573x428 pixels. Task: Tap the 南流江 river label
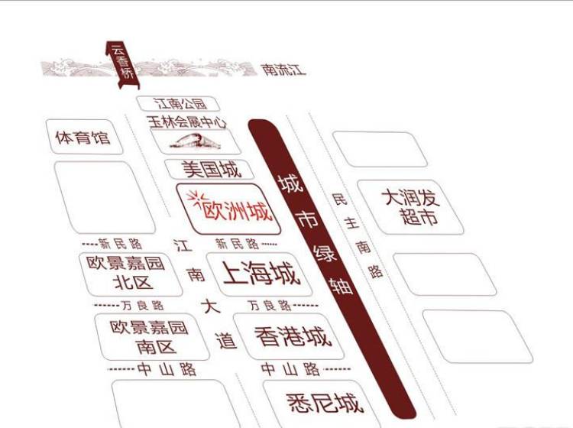click(x=283, y=70)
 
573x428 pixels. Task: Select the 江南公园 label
click(x=180, y=103)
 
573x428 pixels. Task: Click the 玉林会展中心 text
click(x=188, y=121)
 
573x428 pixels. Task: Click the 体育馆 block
click(x=82, y=138)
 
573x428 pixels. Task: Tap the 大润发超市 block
click(x=411, y=206)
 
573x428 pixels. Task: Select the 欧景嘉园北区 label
click(x=125, y=273)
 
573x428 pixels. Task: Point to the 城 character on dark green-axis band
click(x=288, y=184)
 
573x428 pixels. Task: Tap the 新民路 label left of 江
click(x=121, y=244)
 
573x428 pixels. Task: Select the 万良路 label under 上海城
click(x=270, y=306)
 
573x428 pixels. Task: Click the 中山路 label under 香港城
click(x=290, y=369)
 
